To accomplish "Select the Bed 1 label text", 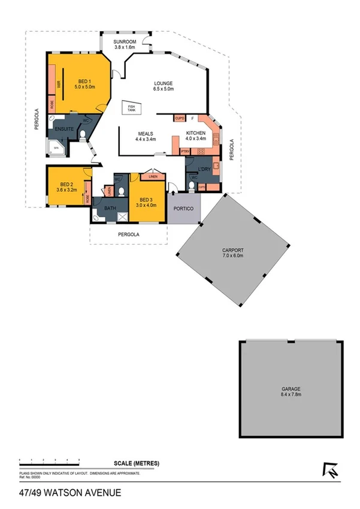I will point(84,84).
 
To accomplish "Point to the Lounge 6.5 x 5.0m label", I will point(163,86).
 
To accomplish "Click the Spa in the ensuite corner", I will point(57,147).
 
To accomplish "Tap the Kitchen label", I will point(196,135).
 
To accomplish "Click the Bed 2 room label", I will point(66,187).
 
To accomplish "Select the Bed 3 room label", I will point(147,202).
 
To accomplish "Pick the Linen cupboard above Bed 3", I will point(153,177).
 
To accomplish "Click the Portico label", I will point(182,209).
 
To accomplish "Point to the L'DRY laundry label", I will point(203,169).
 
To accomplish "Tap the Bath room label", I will point(110,209).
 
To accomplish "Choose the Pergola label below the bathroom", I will point(128,235).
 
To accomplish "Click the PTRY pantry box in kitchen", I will point(185,152).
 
